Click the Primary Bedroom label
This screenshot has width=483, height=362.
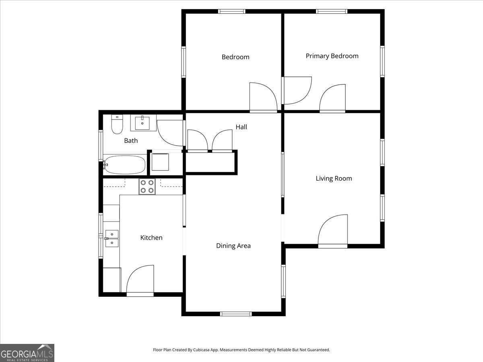point(332,56)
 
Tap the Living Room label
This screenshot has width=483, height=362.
point(334,178)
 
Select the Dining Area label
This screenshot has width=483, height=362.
point(233,246)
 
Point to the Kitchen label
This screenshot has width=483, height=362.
point(151,238)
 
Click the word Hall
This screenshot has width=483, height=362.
point(242,127)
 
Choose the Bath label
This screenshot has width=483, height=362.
point(131,140)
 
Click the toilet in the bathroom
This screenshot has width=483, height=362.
point(117,125)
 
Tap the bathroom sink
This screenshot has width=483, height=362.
point(143,123)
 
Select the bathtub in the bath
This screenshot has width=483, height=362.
point(125,165)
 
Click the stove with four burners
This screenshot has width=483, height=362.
point(147,187)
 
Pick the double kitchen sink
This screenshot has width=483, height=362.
point(112,238)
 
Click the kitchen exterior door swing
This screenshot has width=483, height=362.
point(140,280)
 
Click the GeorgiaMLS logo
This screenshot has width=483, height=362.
point(27,353)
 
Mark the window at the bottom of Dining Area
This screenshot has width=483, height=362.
point(236,314)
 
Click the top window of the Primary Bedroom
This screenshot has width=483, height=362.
point(332,11)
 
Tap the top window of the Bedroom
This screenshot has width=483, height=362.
point(232,11)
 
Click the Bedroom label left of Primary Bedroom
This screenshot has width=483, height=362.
point(235,57)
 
